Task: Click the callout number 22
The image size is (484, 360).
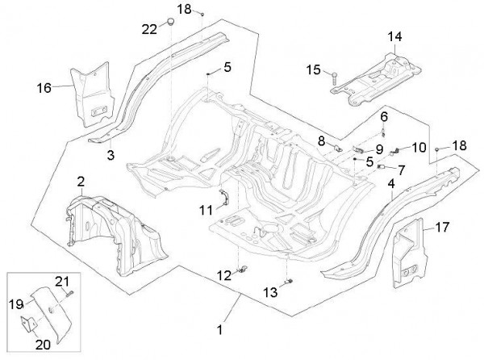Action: pos(149,29)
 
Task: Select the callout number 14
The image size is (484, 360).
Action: pos(393,37)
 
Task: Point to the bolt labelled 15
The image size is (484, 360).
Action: pos(332,76)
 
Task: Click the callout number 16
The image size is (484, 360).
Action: pos(44,85)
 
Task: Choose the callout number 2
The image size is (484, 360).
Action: pos(81,178)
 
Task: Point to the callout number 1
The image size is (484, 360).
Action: pos(219,329)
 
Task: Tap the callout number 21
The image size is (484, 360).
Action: pos(62,280)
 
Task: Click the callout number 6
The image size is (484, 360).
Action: pos(384,116)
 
